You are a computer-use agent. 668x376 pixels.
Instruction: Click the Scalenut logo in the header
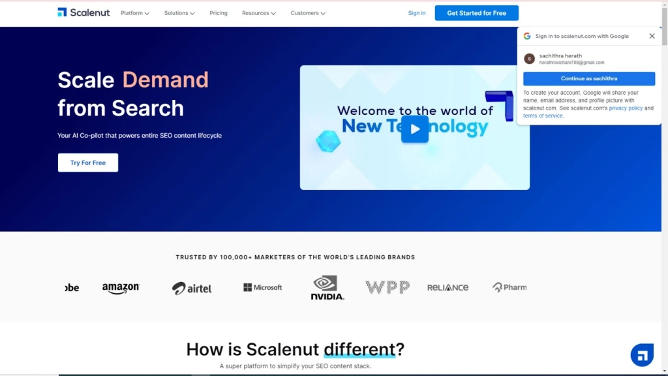click(83, 12)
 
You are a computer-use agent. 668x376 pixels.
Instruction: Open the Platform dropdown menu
click(134, 13)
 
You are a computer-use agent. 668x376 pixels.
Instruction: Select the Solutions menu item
click(179, 13)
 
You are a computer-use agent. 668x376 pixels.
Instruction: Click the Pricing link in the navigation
click(219, 13)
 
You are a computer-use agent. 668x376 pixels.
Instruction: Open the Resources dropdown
click(258, 13)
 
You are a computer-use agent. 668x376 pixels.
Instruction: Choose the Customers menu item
click(308, 13)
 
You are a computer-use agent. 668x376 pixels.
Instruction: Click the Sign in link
click(417, 13)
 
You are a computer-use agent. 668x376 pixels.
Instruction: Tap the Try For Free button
click(88, 163)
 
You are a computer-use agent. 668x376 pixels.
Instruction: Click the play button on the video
click(414, 129)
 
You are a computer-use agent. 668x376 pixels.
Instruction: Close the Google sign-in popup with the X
click(652, 37)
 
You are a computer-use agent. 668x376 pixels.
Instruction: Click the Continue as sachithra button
click(589, 78)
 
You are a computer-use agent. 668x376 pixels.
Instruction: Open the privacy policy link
click(626, 108)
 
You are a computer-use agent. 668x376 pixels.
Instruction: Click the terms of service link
click(543, 116)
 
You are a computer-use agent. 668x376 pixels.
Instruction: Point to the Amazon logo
click(121, 288)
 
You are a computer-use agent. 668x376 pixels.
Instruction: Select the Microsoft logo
click(262, 287)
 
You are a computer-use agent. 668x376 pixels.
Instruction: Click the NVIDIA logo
click(327, 287)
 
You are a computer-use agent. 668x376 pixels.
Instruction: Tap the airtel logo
click(192, 288)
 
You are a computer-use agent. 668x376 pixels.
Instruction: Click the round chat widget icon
click(642, 354)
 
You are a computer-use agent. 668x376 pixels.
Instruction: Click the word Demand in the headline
click(165, 80)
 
